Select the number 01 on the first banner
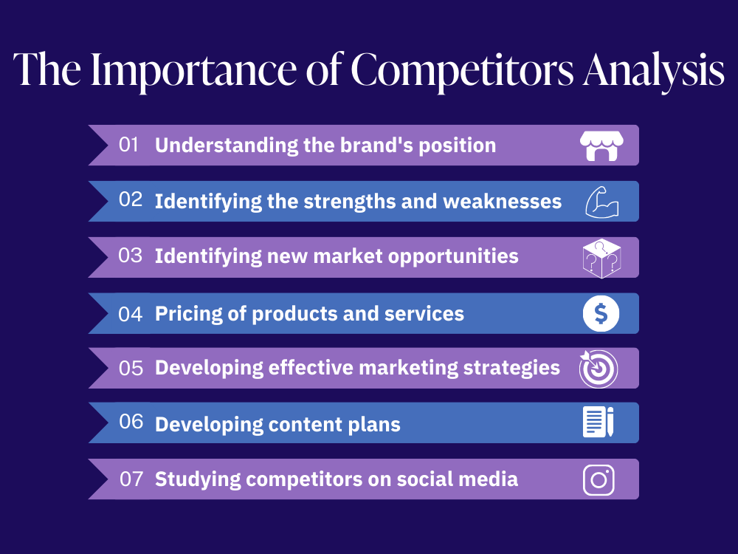[129, 145]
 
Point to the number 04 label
[130, 314]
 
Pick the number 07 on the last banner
[131, 479]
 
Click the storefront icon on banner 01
[599, 146]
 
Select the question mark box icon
[600, 258]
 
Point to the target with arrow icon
[599, 369]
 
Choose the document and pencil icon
[599, 423]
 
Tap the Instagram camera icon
[599, 479]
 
